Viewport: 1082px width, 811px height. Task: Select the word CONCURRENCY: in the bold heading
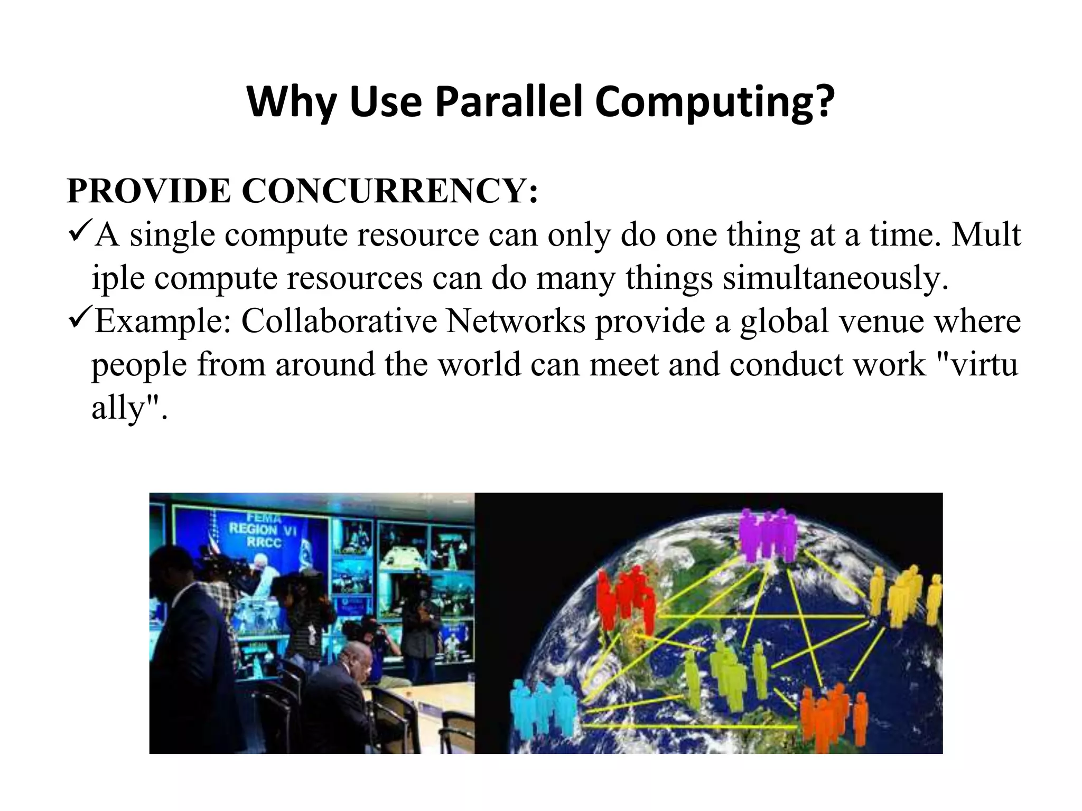(x=390, y=191)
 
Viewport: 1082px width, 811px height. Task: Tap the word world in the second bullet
(x=480, y=364)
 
